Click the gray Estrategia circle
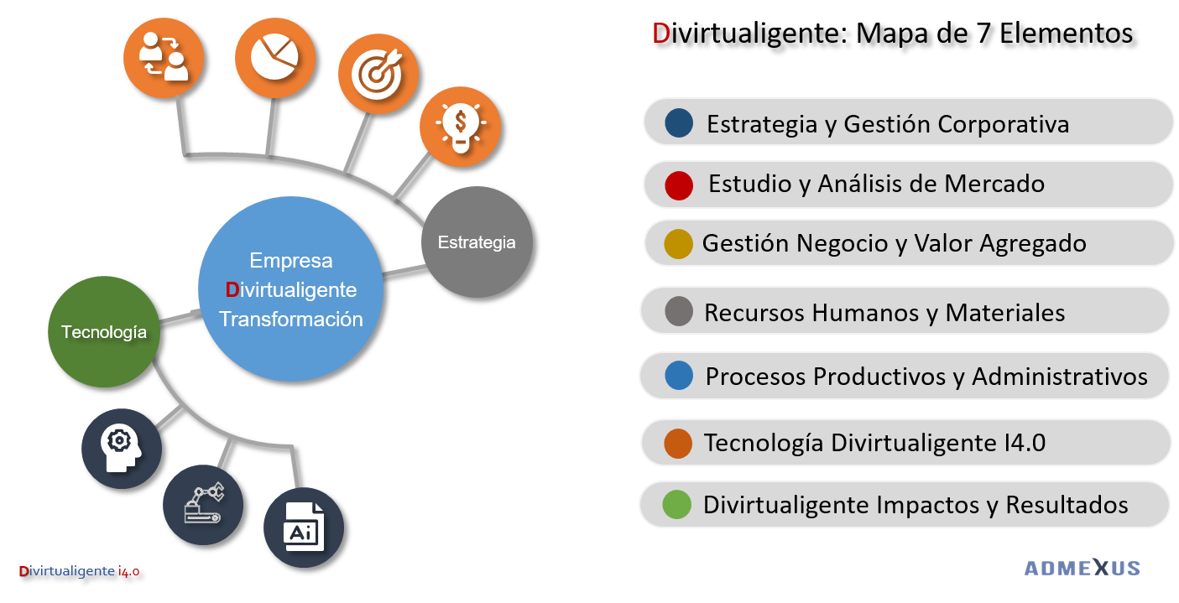pyautogui.click(x=477, y=242)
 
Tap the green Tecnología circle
pyautogui.click(x=104, y=332)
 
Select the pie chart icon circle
pyautogui.click(x=275, y=57)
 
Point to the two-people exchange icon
pyautogui.click(x=164, y=57)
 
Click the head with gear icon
pyautogui.click(x=121, y=449)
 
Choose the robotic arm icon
pyautogui.click(x=202, y=506)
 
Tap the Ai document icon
pyautogui.click(x=304, y=528)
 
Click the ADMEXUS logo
pyautogui.click(x=1082, y=569)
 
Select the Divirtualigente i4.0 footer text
pyautogui.click(x=79, y=571)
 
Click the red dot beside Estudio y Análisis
pyautogui.click(x=679, y=185)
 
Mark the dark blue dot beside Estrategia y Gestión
pyautogui.click(x=679, y=122)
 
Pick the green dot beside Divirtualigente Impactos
pyautogui.click(x=676, y=505)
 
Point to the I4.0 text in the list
pyautogui.click(x=1024, y=443)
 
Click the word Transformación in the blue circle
pyautogui.click(x=290, y=320)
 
